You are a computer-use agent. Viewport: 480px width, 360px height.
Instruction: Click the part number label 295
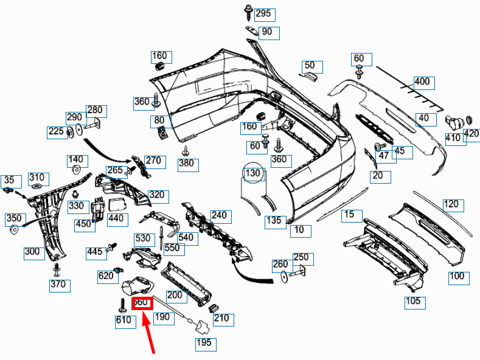pyautogui.click(x=263, y=13)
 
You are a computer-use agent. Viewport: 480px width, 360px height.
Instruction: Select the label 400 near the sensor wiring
pyautogui.click(x=422, y=81)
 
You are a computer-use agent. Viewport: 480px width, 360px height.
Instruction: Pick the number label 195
pyautogui.click(x=204, y=344)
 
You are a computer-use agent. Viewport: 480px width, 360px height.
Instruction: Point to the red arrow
pyautogui.click(x=150, y=335)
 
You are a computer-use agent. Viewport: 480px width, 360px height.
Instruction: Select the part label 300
pyautogui.click(x=32, y=251)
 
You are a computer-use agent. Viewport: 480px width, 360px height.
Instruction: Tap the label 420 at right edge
pyautogui.click(x=471, y=133)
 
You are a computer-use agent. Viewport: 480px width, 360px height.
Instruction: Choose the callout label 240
pyautogui.click(x=218, y=215)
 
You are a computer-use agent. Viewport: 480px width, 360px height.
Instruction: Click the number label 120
pyautogui.click(x=451, y=204)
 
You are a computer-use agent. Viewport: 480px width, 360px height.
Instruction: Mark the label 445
pyautogui.click(x=95, y=251)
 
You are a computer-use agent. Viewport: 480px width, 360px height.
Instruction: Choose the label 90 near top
pyautogui.click(x=266, y=32)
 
